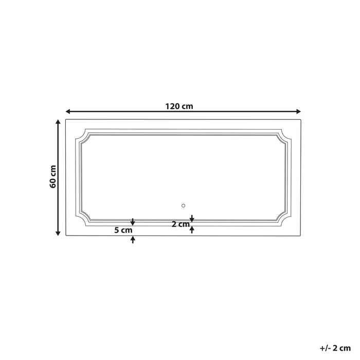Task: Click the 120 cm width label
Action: pos(179,106)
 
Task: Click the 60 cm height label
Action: pos(53,176)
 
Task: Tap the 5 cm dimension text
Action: pos(123,230)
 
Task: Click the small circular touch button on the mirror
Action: pos(183,206)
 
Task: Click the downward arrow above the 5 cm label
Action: pos(133,222)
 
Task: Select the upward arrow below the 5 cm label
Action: pos(133,239)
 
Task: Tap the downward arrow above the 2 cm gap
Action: pos(192,219)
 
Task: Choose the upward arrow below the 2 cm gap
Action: pos(192,230)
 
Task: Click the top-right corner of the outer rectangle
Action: pos(301,120)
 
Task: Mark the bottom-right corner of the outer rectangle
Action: pos(301,236)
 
